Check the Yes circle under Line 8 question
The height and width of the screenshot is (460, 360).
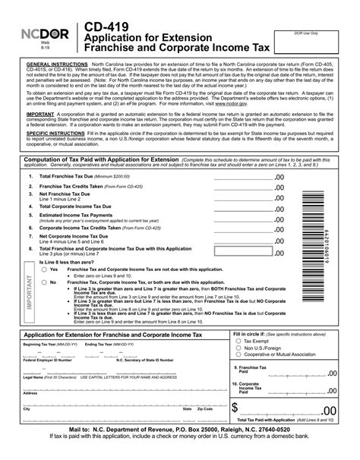(x=43, y=269)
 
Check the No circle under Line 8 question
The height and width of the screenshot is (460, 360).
(x=43, y=282)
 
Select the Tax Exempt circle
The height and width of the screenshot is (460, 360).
(x=238, y=342)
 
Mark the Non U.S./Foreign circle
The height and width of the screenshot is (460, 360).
(x=238, y=348)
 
